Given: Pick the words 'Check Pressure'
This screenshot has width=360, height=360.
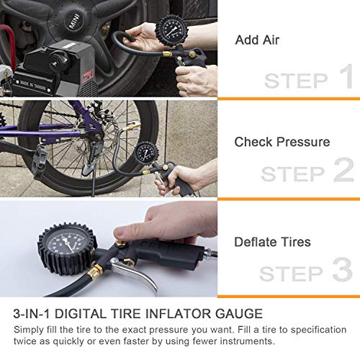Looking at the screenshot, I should pyautogui.click(x=282, y=142).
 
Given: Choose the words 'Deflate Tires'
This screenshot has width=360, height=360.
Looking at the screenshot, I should pyautogui.click(x=273, y=243).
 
